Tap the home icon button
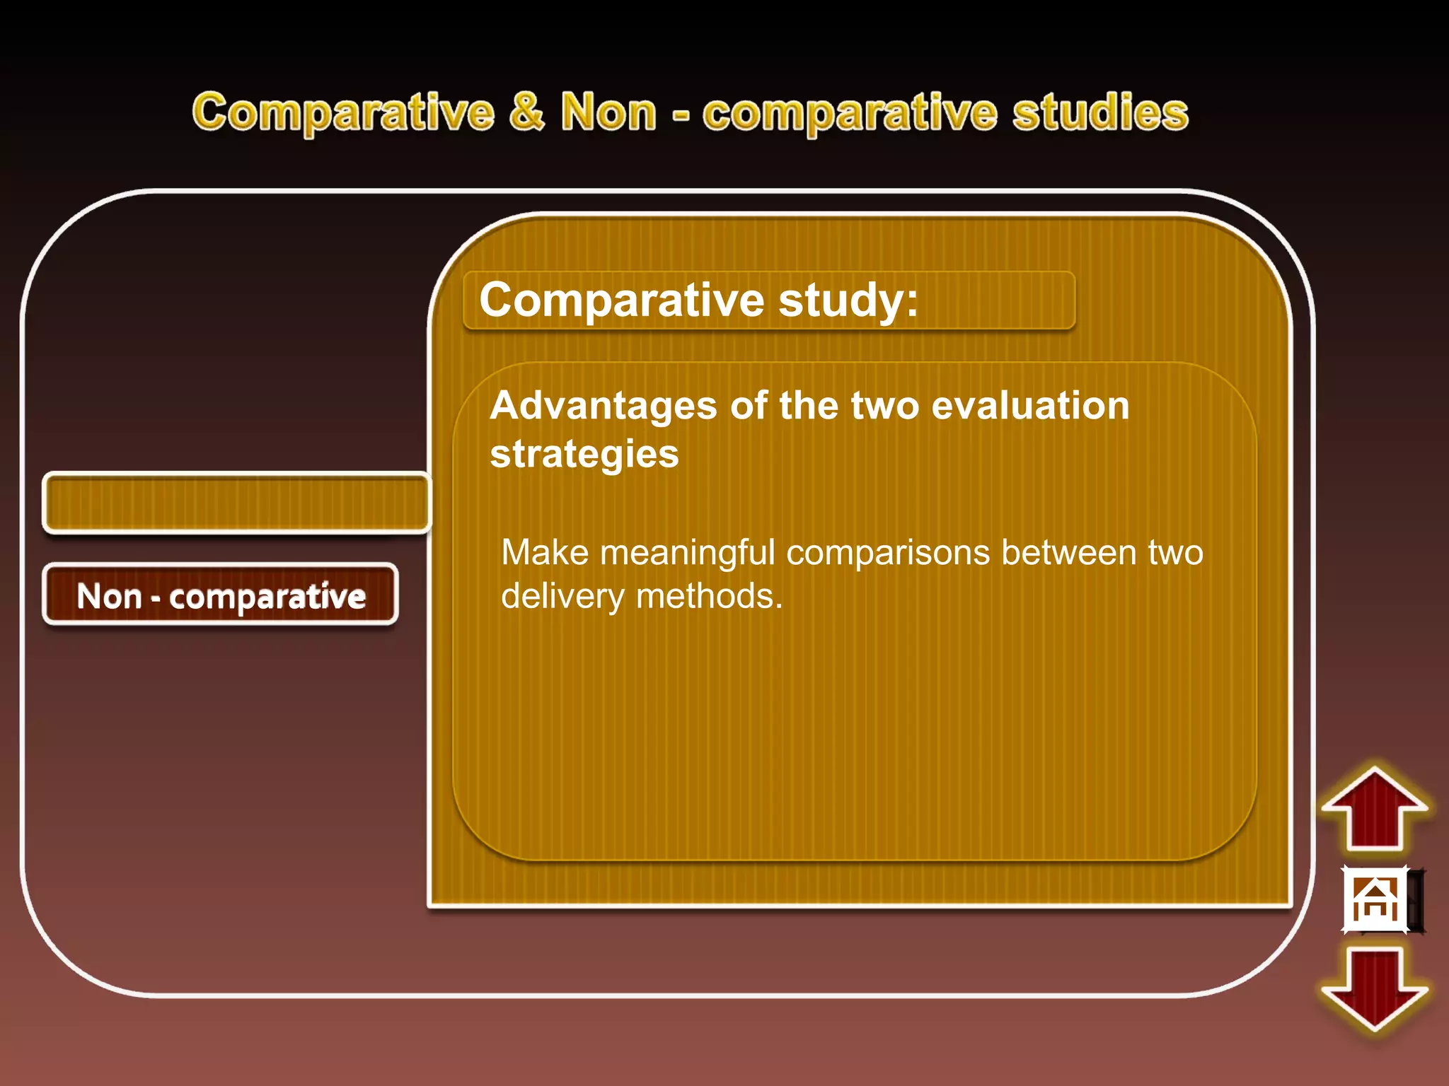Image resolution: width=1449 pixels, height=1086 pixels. tap(1375, 899)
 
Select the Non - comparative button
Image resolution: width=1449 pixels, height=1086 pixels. tap(221, 595)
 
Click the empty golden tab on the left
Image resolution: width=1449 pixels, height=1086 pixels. tap(236, 503)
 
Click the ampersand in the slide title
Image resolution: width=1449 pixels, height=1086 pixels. tap(527, 112)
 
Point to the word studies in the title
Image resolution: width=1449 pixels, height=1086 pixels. tap(1099, 112)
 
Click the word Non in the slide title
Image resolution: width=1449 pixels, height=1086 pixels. tap(608, 112)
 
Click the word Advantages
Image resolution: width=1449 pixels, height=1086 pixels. tap(604, 406)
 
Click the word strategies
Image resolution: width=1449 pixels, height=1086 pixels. tap(584, 454)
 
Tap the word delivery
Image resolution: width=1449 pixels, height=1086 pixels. tap(562, 596)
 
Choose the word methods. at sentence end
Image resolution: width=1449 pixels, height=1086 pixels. tap(710, 596)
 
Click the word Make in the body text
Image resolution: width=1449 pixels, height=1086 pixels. tap(544, 552)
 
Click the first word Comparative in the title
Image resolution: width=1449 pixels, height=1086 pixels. tap(343, 112)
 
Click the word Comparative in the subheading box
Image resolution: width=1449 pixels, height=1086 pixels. tap(621, 300)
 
